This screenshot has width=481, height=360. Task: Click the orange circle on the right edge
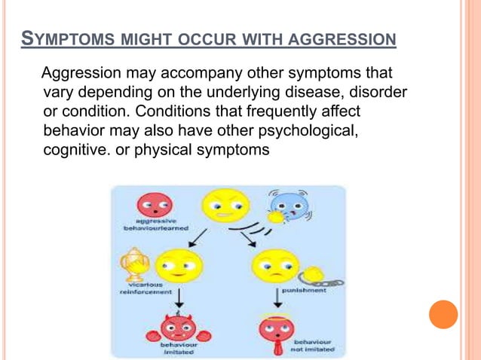pyautogui.click(x=443, y=313)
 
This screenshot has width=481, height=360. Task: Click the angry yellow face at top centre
pyautogui.click(x=225, y=203)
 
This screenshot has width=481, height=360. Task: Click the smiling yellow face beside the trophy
pyautogui.click(x=178, y=264)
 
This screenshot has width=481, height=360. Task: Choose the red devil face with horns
pyautogui.click(x=178, y=328)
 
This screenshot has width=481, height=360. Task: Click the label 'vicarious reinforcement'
pyautogui.click(x=144, y=288)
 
